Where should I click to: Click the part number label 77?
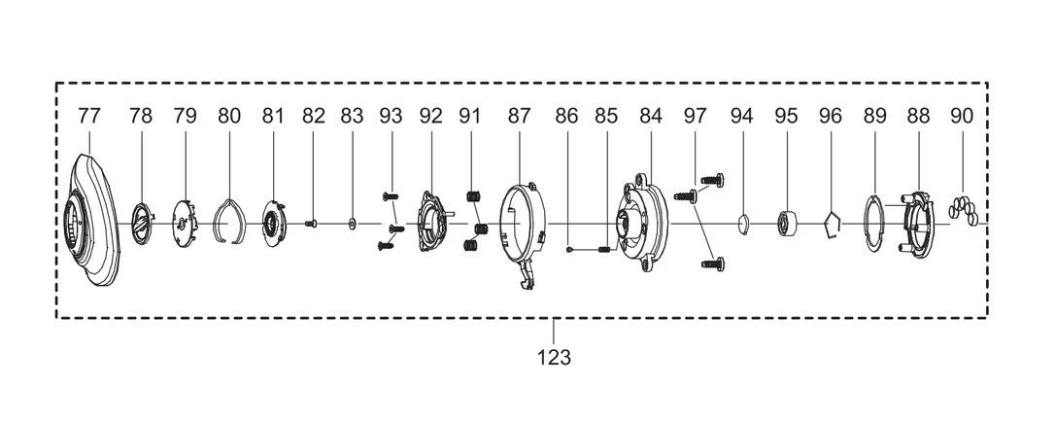coord(88,116)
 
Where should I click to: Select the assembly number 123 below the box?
coord(554,358)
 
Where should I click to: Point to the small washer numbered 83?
coord(352,224)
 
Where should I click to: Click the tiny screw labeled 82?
coord(311,224)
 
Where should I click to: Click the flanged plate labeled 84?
coord(642,222)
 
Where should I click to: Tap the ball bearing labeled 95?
coord(787,224)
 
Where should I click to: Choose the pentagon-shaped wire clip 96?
coord(833,226)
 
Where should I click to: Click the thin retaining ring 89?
coord(874,224)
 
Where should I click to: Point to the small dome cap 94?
coord(742,223)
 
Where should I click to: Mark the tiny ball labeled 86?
coord(569,250)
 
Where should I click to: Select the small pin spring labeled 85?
coord(603,250)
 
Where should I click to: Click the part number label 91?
coord(469,116)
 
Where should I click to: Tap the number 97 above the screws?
coord(695,116)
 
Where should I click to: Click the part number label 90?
coord(962,116)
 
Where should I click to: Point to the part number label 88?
coord(918,116)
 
